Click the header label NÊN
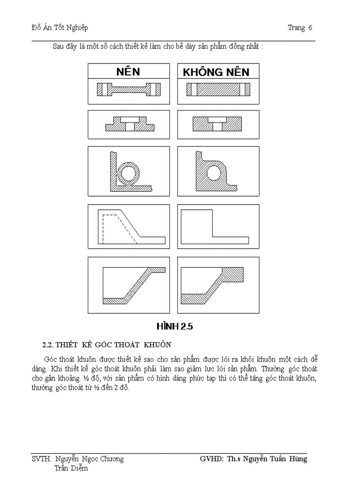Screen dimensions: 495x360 (x=128, y=72)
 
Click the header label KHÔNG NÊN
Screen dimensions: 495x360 (x=216, y=72)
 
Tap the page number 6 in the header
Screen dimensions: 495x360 (x=310, y=28)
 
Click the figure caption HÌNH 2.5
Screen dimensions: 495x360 (x=175, y=327)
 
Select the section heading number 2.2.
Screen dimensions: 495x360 (x=48, y=344)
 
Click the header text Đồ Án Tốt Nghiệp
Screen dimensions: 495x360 (x=60, y=28)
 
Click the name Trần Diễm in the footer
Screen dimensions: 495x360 (x=71, y=468)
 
